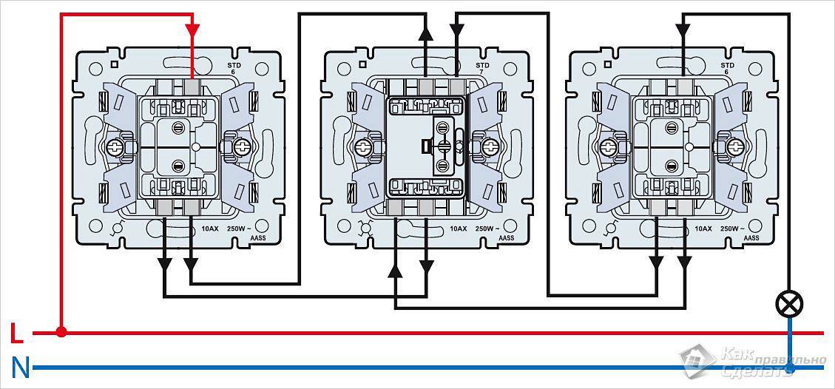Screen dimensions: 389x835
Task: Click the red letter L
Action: pos(16,334)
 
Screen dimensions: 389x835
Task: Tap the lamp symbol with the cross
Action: pos(789,302)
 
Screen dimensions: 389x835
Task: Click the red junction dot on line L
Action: pos(61,333)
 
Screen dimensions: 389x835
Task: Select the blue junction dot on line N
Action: pos(789,367)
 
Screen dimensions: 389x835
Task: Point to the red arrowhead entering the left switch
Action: pos(192,30)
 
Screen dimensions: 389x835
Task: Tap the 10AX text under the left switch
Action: pos(209,229)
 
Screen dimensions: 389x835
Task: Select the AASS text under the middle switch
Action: pos(506,238)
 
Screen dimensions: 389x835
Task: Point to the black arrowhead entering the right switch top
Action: pos(683,30)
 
